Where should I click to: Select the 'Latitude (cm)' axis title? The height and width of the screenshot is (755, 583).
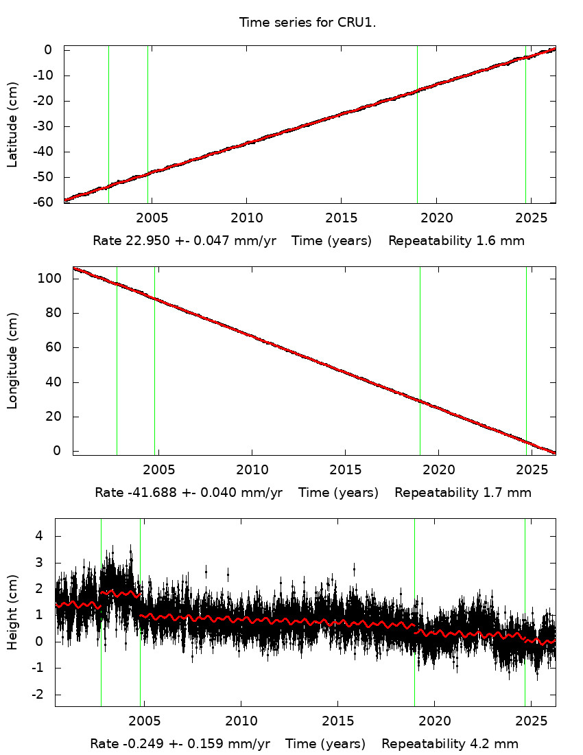point(12,124)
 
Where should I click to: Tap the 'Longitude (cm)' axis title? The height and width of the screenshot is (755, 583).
point(12,361)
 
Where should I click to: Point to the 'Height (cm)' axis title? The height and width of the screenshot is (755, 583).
point(12,612)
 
